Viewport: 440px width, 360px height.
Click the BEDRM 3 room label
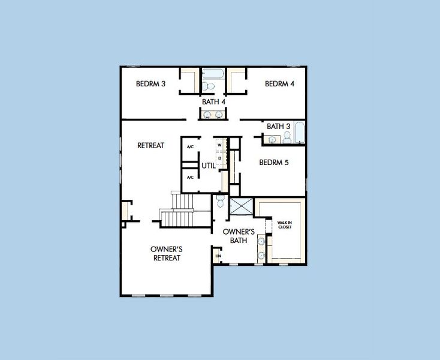coord(150,84)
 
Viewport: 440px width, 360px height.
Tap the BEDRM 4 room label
coord(279,84)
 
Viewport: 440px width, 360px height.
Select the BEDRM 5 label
coord(274,162)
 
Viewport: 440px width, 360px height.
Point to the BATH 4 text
coord(213,102)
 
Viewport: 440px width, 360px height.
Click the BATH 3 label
coord(279,127)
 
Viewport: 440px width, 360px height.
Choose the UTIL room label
coord(208,165)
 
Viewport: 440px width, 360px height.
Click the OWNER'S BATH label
coord(239,236)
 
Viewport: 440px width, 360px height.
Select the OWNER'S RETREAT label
coord(165,253)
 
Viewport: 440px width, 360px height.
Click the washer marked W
coord(219,145)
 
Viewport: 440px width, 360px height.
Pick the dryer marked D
coord(219,158)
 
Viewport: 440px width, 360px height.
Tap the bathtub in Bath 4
coord(212,74)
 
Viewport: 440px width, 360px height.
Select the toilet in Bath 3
coord(287,139)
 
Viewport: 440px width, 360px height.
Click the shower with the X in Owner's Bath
coord(241,206)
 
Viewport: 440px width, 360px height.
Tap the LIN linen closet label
coord(218,257)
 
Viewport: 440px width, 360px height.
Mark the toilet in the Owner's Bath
coord(220,202)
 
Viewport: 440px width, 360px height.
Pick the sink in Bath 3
coord(272,140)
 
